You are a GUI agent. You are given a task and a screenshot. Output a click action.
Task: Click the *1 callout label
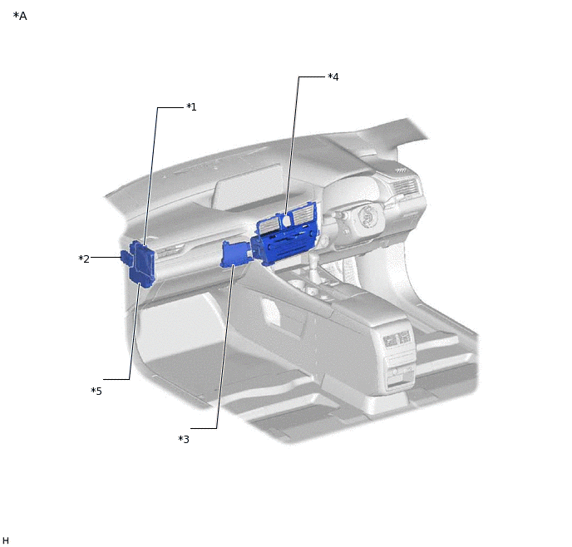click(x=191, y=107)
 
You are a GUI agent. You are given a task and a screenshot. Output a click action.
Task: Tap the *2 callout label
click(x=84, y=259)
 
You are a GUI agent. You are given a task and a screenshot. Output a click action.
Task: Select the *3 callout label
click(x=184, y=440)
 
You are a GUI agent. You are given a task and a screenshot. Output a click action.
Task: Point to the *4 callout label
click(x=333, y=77)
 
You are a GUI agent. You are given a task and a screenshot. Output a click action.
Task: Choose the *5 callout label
click(x=96, y=392)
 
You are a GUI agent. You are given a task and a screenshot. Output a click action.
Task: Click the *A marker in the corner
click(x=20, y=16)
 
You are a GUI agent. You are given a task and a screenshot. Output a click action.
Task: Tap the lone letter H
click(x=6, y=540)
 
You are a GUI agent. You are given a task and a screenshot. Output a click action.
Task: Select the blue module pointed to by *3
click(x=235, y=253)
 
